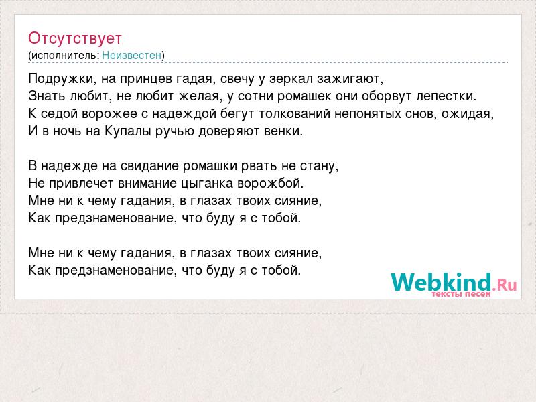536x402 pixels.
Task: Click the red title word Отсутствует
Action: click(x=75, y=38)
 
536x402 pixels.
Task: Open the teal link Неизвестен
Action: click(x=131, y=55)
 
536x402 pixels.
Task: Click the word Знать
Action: click(x=47, y=96)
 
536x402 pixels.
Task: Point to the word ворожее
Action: click(x=109, y=114)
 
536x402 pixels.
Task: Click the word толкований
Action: click(x=294, y=113)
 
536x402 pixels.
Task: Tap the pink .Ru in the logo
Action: click(x=505, y=284)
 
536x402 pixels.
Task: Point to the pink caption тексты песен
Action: click(x=461, y=294)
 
